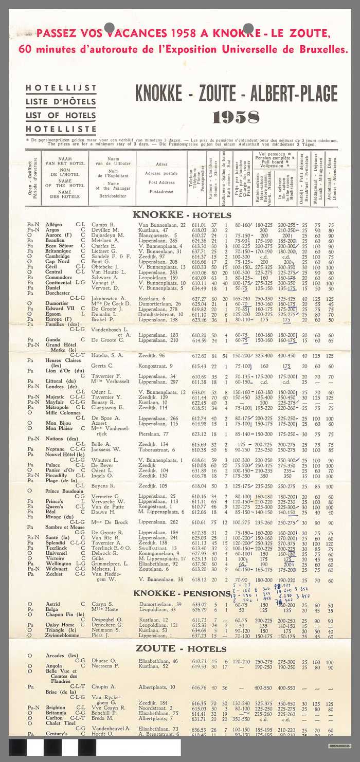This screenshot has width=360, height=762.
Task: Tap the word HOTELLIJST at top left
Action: (61, 89)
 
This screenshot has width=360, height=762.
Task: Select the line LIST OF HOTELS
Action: (61, 115)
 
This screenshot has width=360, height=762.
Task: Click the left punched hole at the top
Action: (109, 28)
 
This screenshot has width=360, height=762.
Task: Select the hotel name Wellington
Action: (59, 564)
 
